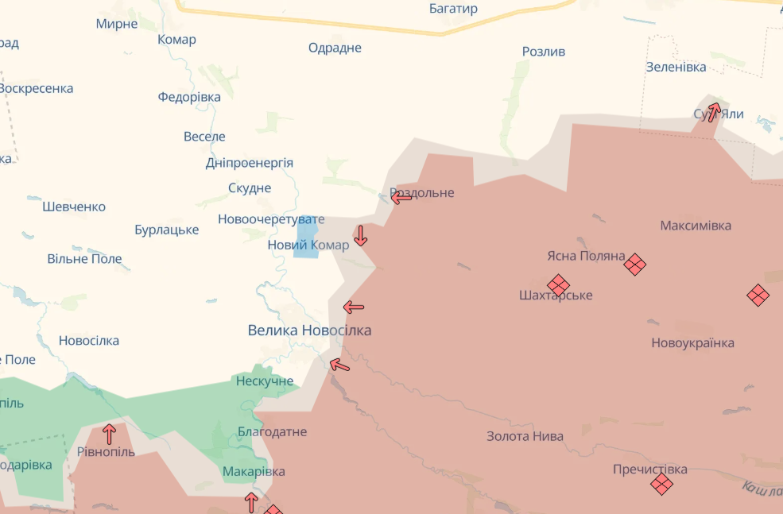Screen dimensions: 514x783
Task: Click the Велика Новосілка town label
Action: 309,330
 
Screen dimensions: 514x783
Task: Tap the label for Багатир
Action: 453,9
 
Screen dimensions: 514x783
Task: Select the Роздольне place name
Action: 422,193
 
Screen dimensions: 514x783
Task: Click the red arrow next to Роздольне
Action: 402,197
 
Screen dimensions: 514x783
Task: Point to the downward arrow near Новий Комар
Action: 360,235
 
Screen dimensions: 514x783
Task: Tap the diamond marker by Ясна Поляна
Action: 634,264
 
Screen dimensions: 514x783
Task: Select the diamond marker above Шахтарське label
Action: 558,284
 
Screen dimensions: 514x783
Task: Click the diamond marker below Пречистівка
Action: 661,484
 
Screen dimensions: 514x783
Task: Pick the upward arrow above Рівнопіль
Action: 109,434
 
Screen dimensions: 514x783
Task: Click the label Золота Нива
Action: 525,436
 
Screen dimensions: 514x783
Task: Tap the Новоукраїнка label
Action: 692,343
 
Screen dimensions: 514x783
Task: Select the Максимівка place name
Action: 696,226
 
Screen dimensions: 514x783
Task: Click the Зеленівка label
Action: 676,67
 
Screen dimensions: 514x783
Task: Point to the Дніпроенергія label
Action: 249,163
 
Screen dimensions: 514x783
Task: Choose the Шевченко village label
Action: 74,207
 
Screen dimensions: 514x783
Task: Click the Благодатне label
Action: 272,432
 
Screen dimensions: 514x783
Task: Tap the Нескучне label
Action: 265,381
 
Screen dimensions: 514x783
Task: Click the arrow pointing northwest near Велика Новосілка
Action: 339,365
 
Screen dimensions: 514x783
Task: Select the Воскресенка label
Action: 36,88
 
